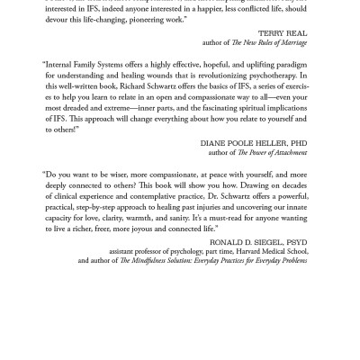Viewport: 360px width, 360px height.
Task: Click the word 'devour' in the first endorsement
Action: click(63, 18)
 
